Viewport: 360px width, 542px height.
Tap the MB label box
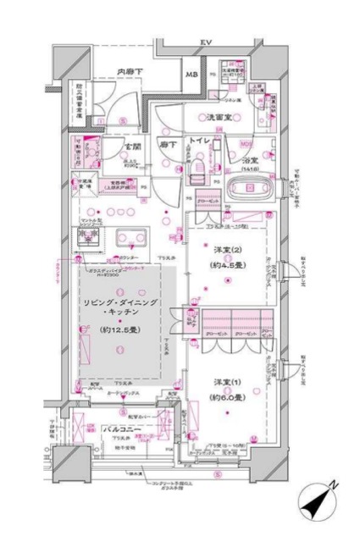(x=191, y=75)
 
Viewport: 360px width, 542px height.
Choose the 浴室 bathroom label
(x=249, y=159)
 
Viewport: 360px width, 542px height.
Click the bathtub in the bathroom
(x=248, y=188)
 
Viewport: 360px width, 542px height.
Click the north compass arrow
(x=319, y=501)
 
